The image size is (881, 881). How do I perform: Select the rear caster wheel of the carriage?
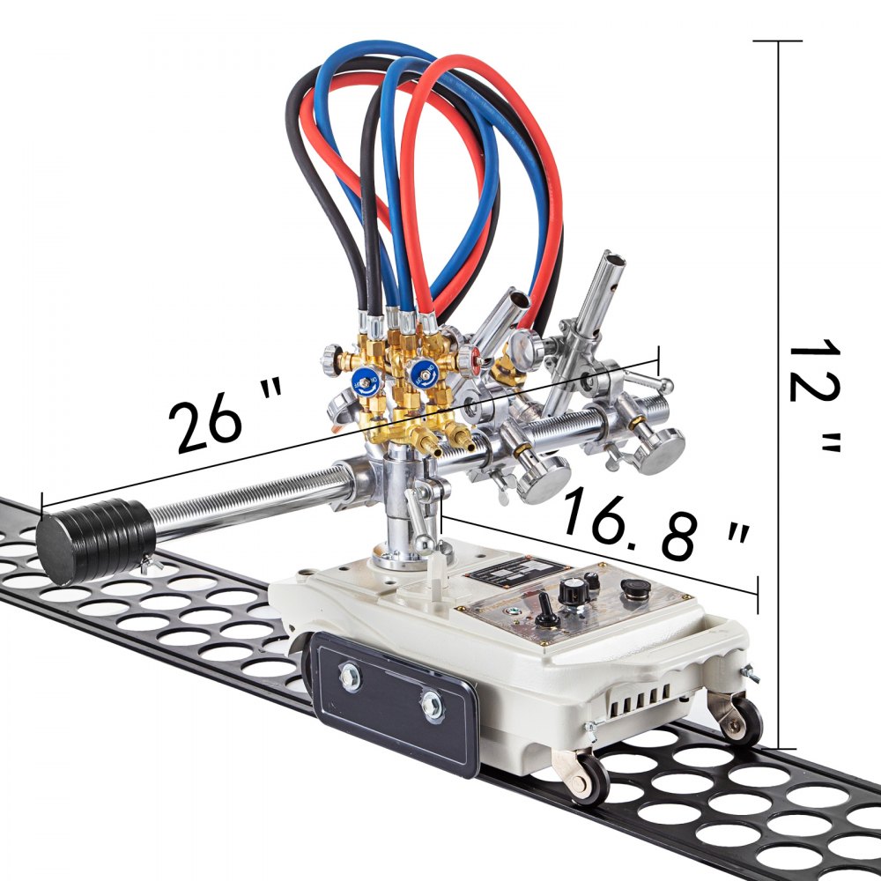[x=740, y=718]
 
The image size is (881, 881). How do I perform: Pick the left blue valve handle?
[x=362, y=381]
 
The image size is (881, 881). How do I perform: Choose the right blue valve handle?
[x=425, y=374]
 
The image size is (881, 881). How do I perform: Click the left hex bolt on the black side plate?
[x=350, y=679]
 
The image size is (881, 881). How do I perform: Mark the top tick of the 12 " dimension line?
[x=777, y=41]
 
